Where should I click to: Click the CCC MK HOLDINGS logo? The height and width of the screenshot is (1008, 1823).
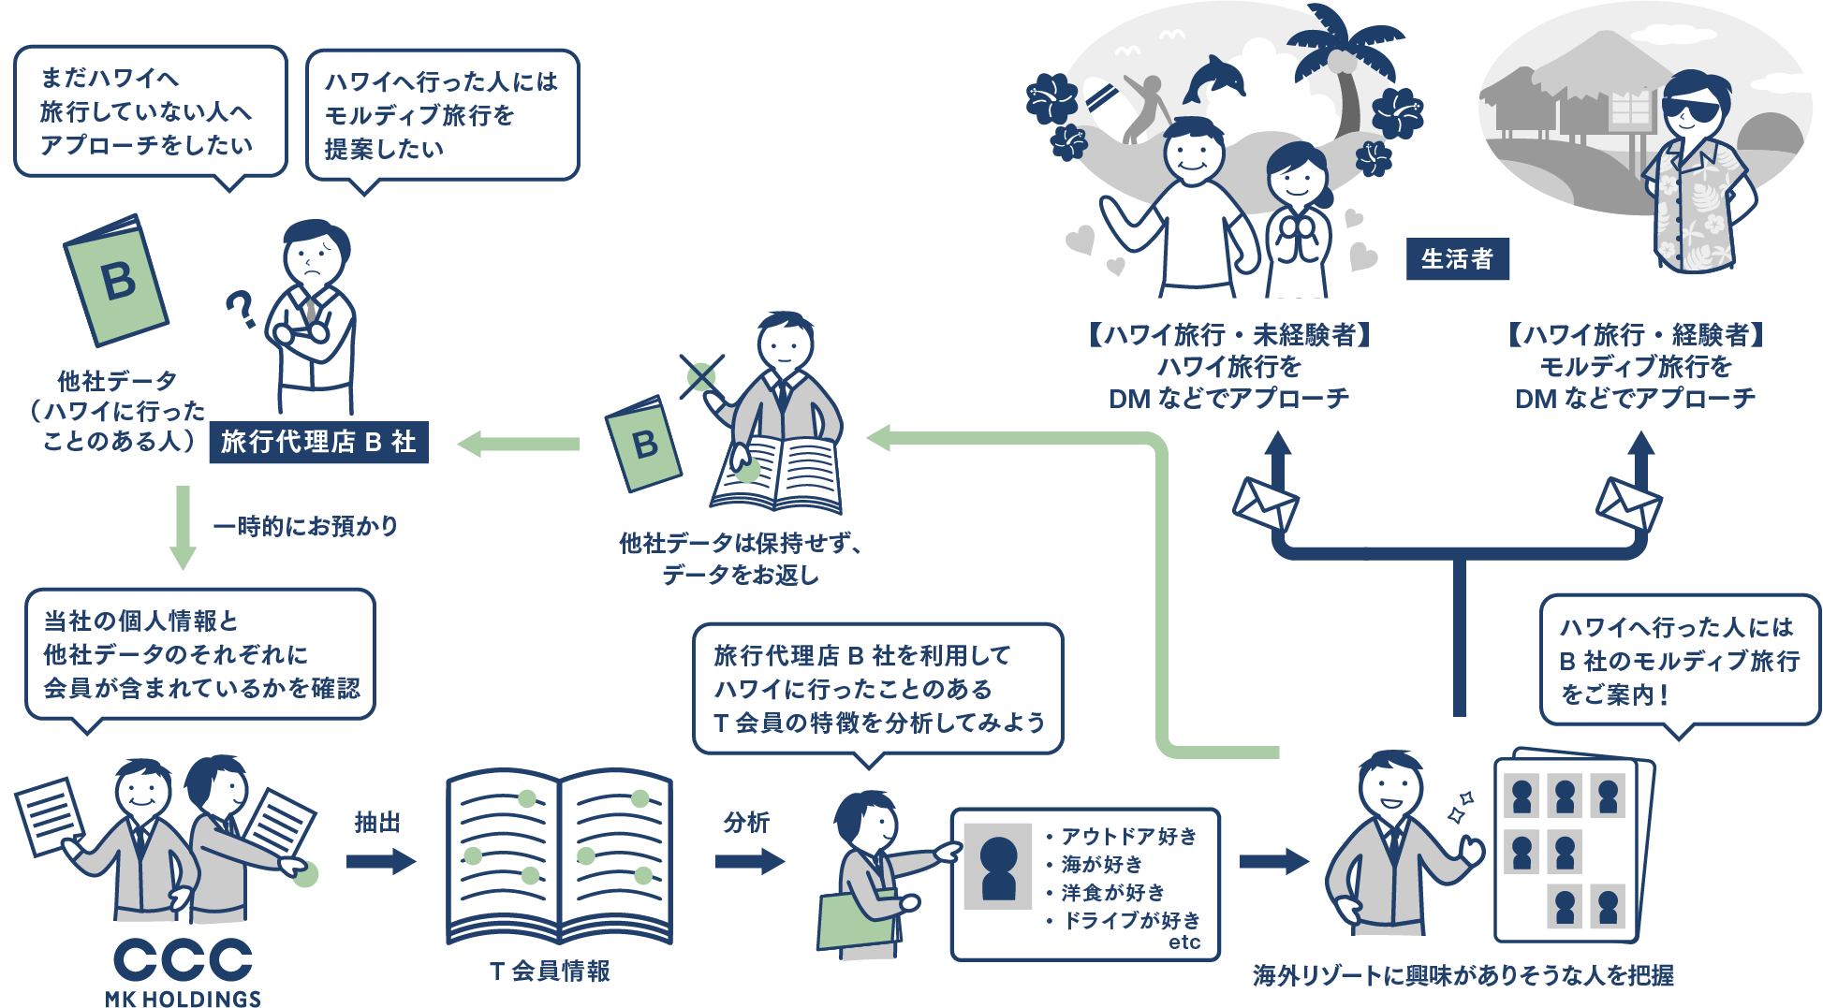(x=184, y=971)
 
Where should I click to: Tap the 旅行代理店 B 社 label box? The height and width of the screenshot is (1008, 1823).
(x=319, y=443)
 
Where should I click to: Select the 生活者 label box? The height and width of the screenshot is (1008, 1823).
(x=1457, y=259)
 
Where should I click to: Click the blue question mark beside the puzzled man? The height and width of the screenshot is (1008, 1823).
(x=242, y=310)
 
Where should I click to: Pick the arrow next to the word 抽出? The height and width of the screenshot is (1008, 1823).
(x=380, y=861)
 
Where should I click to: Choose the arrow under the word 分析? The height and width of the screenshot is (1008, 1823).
(x=749, y=861)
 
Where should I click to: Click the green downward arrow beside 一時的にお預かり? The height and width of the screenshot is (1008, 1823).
(x=183, y=528)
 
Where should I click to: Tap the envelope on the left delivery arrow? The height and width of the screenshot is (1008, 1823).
(x=1265, y=505)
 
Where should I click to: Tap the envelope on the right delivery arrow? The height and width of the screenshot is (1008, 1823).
(x=1628, y=505)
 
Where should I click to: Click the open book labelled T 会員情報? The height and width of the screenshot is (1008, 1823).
(x=559, y=855)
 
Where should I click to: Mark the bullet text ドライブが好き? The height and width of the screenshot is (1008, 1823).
(x=1131, y=921)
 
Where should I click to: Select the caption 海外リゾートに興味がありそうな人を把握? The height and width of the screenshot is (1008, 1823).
(x=1463, y=976)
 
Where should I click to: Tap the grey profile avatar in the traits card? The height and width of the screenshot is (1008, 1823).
(x=998, y=867)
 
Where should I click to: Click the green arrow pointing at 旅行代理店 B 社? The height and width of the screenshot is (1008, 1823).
(x=518, y=444)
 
